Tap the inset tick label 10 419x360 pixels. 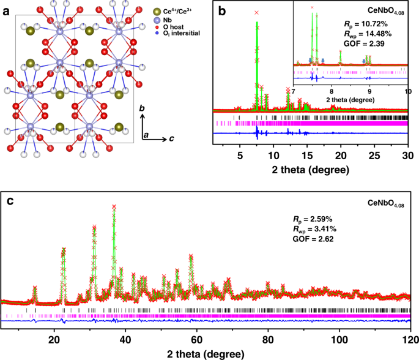pos(406,90)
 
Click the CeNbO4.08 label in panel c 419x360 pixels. pos(385,202)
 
